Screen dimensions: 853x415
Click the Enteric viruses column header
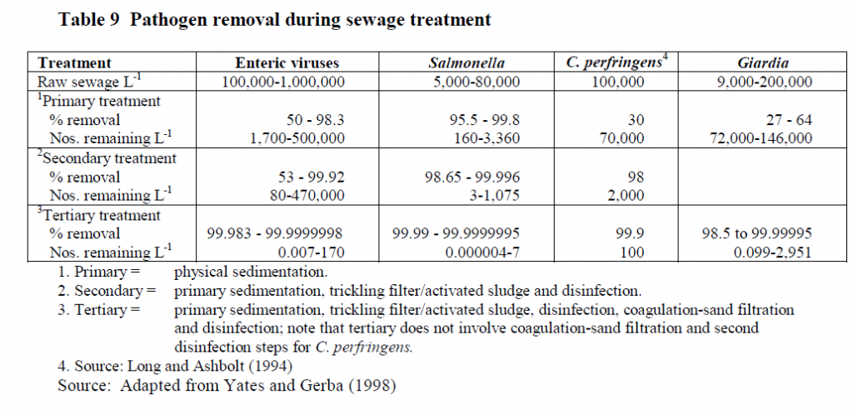click(287, 63)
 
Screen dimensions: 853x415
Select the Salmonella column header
click(466, 63)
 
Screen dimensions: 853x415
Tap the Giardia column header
click(763, 63)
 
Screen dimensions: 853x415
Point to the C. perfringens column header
click(616, 62)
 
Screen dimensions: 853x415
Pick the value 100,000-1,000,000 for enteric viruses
click(283, 82)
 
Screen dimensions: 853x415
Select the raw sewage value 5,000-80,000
click(470, 82)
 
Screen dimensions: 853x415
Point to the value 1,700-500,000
click(297, 138)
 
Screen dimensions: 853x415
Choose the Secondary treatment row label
click(107, 158)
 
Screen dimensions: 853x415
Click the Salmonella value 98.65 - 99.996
click(472, 177)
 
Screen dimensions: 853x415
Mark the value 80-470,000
click(307, 195)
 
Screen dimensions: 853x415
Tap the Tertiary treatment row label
click(98, 215)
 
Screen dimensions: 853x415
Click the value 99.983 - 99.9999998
click(275, 233)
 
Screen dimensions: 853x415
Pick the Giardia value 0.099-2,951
click(772, 252)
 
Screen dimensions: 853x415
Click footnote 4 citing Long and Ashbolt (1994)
click(175, 366)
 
